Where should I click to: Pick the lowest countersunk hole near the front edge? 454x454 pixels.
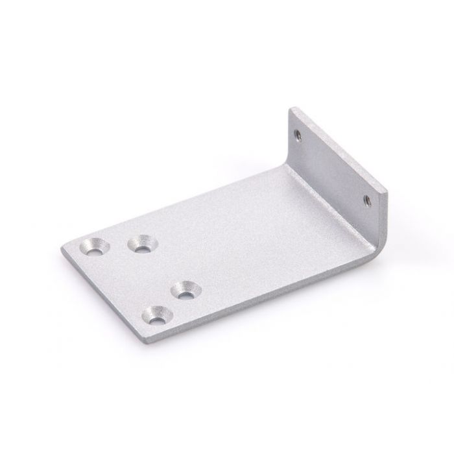click(158, 317)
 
